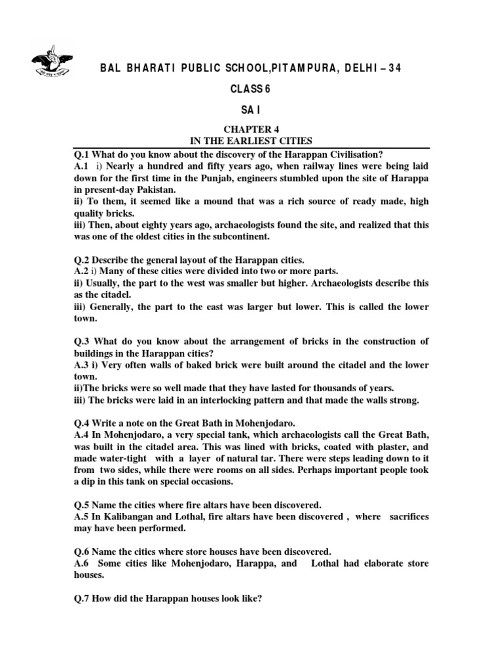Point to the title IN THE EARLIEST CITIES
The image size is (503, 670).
[x=251, y=141]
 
